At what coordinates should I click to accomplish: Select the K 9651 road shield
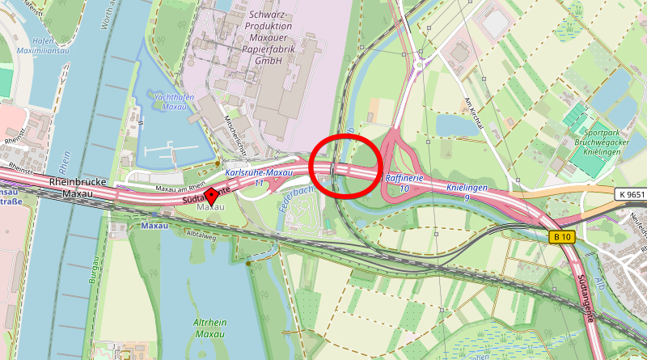tap(630, 194)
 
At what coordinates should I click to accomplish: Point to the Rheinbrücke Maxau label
tap(78, 188)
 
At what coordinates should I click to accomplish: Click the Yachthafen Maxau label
tap(170, 101)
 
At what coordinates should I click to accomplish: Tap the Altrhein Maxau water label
tap(209, 328)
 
